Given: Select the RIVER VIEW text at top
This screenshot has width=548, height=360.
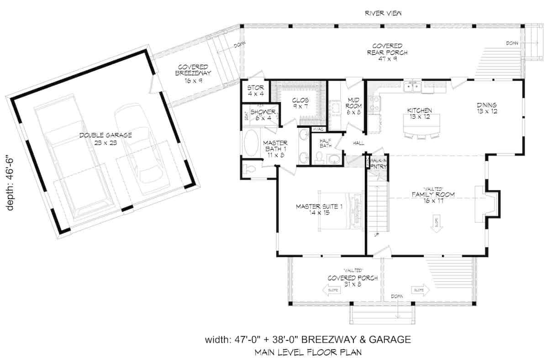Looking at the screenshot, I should click(x=383, y=13).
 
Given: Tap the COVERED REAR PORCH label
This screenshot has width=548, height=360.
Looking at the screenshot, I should click(x=387, y=49).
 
